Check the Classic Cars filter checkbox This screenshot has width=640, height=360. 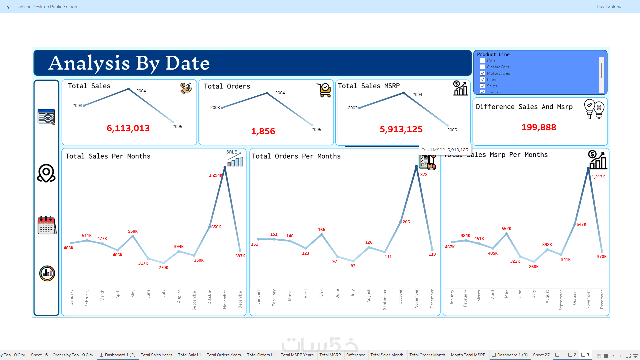coord(482,67)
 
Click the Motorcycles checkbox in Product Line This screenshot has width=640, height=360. coord(482,73)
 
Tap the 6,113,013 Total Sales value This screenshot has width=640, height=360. coord(128,128)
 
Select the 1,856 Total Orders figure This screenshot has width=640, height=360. coord(263,131)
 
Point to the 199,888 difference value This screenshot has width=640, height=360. coord(539,127)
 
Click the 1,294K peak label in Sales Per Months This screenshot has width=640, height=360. coord(215,175)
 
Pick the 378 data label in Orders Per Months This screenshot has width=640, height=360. coord(424,175)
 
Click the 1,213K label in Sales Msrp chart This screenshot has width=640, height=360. coord(598,177)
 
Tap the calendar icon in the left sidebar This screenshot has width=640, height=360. coord(47,225)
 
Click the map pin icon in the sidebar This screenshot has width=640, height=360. coord(46,173)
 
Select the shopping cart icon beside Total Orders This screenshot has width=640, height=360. coord(324,90)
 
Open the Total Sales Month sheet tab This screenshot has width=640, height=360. coord(387,355)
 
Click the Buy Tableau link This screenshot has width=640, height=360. coord(609,7)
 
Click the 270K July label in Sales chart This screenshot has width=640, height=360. coord(163,268)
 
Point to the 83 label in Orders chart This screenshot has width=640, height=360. coord(353,266)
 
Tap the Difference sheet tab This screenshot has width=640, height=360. coord(356,355)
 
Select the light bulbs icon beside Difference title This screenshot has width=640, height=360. coord(594,109)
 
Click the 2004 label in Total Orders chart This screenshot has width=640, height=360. coord(280,93)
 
